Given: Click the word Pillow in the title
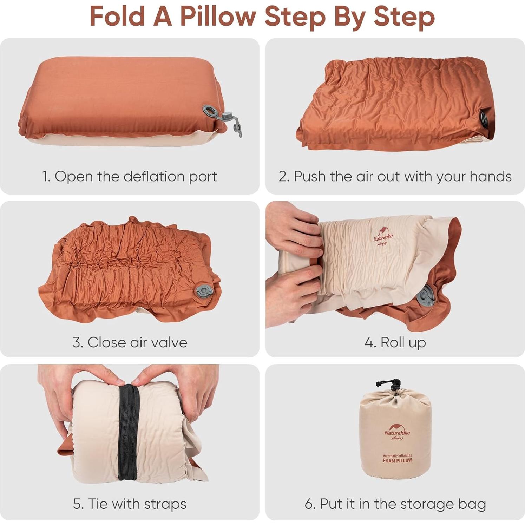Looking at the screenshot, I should click(218, 16).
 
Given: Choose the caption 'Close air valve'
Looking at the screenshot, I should click(130, 342).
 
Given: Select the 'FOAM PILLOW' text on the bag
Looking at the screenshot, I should click(397, 460).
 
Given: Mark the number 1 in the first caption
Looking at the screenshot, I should click(45, 176).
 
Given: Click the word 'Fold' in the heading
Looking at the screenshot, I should click(117, 16).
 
